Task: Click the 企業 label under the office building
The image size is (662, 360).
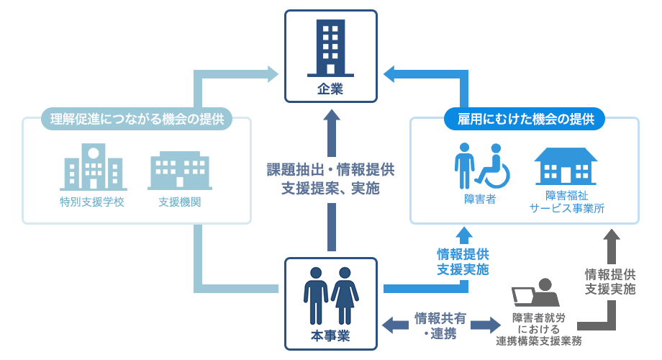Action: point(330,89)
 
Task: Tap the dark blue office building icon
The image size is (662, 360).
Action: point(330,48)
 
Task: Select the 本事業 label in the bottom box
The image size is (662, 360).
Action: point(330,336)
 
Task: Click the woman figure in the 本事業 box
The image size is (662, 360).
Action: point(345,296)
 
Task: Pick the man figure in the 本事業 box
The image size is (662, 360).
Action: point(316,296)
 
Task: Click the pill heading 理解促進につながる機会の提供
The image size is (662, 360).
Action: point(137,119)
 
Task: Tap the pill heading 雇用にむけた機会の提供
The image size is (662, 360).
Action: point(525,119)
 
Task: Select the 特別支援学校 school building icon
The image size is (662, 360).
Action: point(94,167)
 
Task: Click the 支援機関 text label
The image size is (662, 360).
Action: point(179,202)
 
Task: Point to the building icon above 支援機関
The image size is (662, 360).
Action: point(180,171)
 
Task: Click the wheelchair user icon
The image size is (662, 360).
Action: point(493,166)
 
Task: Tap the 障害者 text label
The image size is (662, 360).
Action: point(480,199)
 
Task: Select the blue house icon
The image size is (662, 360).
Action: point(566,166)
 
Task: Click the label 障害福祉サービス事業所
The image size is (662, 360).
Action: point(566,202)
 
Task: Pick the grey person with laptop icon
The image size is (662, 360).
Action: point(536,292)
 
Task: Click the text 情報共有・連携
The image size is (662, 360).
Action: point(440,325)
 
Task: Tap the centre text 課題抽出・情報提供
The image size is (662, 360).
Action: point(330,170)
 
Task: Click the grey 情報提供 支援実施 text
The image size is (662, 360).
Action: point(610,282)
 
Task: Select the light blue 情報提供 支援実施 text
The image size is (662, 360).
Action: point(463,261)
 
